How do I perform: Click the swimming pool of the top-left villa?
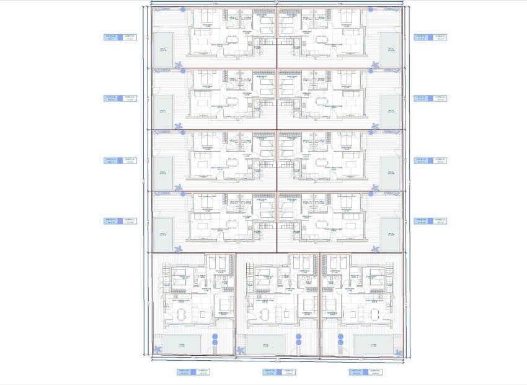(x=164, y=50)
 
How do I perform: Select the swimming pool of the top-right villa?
(x=391, y=50)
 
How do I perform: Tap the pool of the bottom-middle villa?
(x=266, y=343)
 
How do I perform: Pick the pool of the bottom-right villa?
(x=372, y=343)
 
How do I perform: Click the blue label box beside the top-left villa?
(x=120, y=37)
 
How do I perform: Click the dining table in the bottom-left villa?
(x=182, y=314)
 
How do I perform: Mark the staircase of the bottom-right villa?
(x=389, y=270)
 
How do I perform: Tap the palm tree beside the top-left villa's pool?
(x=179, y=65)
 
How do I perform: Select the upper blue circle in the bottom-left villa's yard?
(x=215, y=337)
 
